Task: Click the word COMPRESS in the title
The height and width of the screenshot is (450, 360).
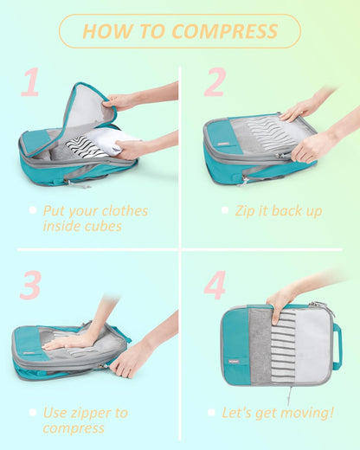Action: point(225,31)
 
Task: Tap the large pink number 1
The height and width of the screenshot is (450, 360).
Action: point(31,83)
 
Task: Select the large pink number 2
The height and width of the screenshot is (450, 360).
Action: point(214,82)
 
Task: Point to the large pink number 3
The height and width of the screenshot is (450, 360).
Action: point(30,285)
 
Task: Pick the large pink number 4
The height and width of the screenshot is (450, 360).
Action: point(214,285)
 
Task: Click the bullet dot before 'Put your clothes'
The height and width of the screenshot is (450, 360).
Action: point(32,210)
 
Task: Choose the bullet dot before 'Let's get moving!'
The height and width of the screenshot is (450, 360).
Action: point(211,412)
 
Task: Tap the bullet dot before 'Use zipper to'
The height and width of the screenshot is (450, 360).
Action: point(32,412)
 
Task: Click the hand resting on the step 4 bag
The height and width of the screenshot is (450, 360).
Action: point(280,303)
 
